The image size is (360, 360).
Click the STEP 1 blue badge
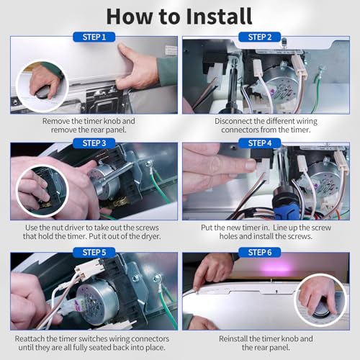coord(94,37)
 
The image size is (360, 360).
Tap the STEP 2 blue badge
coord(260,37)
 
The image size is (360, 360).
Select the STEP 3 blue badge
coord(94,143)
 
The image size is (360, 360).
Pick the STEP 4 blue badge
coord(260,143)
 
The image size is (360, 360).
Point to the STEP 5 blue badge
coord(94,253)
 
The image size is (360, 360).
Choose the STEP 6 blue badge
coord(260,253)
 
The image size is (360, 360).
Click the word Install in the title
coord(219,17)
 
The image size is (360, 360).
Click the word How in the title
coord(130,17)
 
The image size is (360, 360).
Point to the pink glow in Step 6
coord(279,268)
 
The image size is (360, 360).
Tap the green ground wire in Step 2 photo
coord(318,91)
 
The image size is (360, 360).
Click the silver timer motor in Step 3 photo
coord(104,181)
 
